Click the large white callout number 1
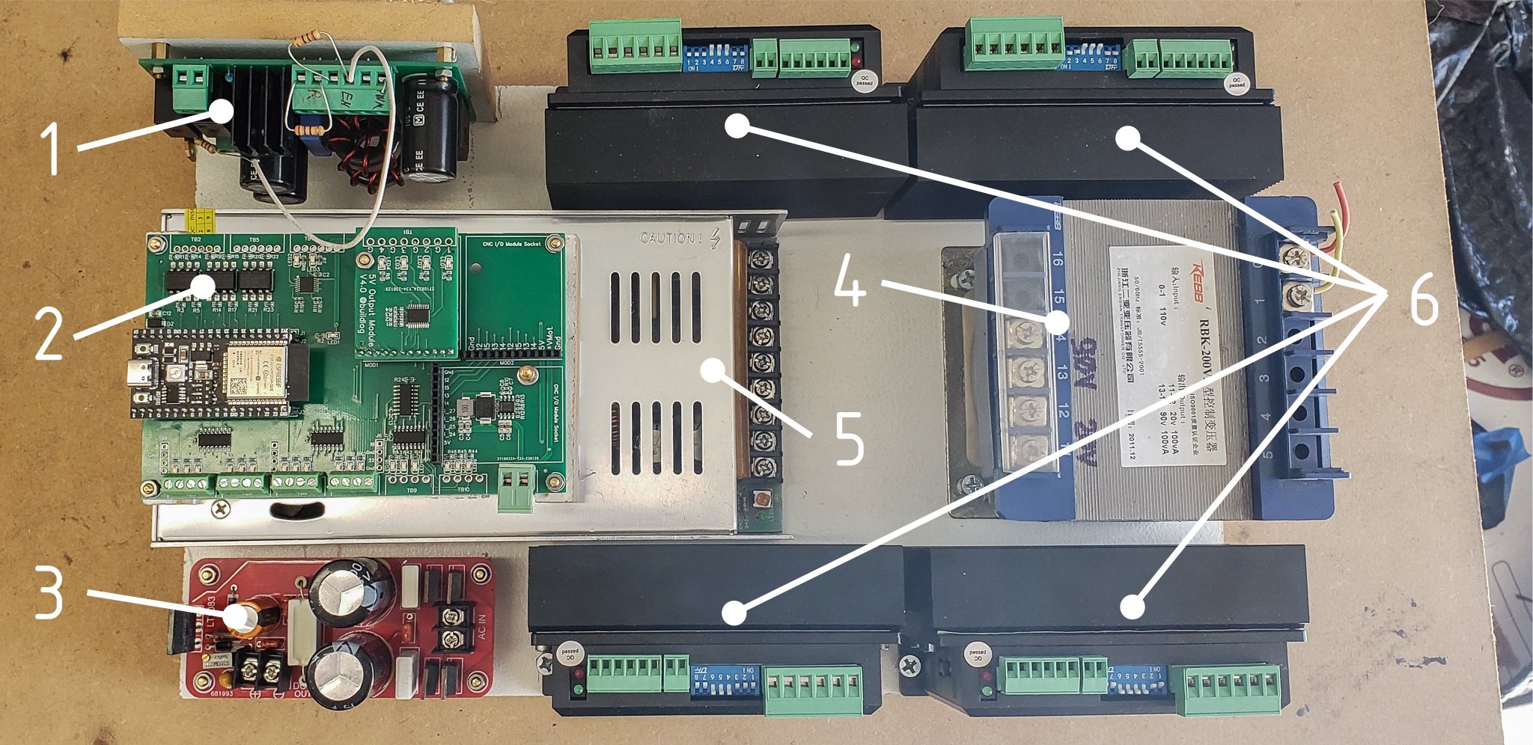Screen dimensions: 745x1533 pos(51,148)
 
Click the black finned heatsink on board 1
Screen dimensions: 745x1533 pos(255,112)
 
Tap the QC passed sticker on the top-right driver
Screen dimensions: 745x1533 pos(1237,82)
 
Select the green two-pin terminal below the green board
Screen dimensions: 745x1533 pos(516,486)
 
